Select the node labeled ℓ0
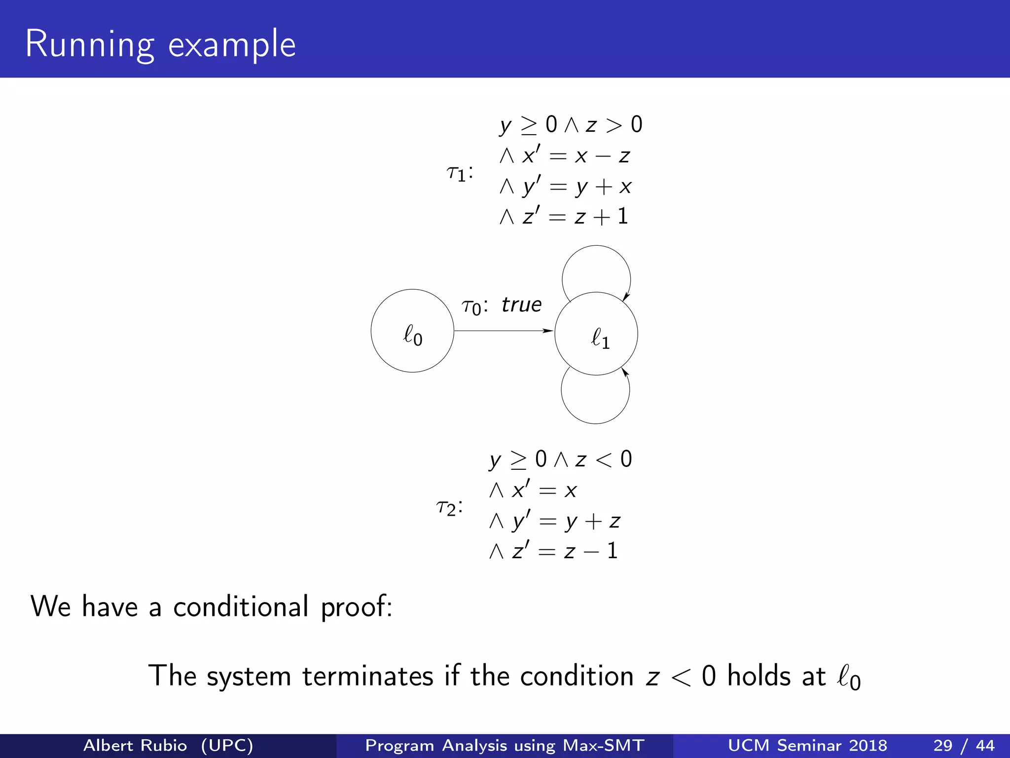point(412,331)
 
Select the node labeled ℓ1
point(596,334)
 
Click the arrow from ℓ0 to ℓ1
point(503,331)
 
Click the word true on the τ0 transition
point(521,305)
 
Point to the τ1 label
point(459,173)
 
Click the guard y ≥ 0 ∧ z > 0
point(571,125)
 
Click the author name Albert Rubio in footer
point(135,745)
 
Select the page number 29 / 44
point(964,745)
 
